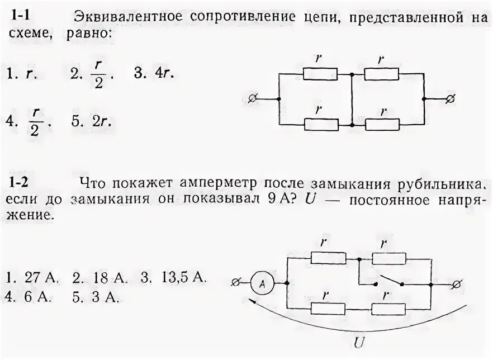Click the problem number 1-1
click(x=22, y=17)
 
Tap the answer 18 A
click(x=99, y=277)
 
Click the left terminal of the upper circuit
click(x=252, y=99)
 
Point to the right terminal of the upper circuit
click(x=451, y=99)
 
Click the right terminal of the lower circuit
click(x=456, y=285)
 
